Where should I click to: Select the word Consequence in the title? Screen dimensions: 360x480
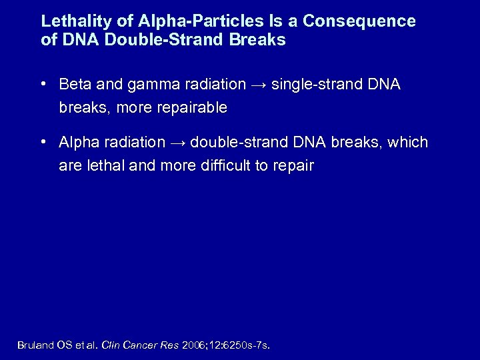point(359,21)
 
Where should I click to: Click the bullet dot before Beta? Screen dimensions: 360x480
point(43,85)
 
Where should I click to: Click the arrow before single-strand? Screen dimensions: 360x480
point(258,85)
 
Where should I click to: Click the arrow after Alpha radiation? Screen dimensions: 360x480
point(177,143)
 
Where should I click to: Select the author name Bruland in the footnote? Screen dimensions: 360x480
point(34,345)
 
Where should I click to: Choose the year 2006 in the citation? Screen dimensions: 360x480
point(192,345)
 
